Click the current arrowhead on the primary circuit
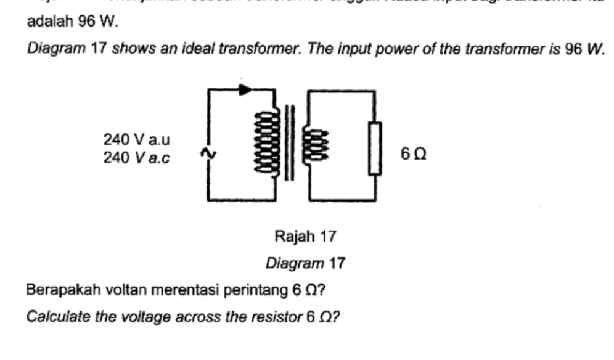245,90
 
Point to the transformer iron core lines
289,143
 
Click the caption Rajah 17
305,236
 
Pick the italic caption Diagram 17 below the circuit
305,264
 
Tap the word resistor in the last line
274,317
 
